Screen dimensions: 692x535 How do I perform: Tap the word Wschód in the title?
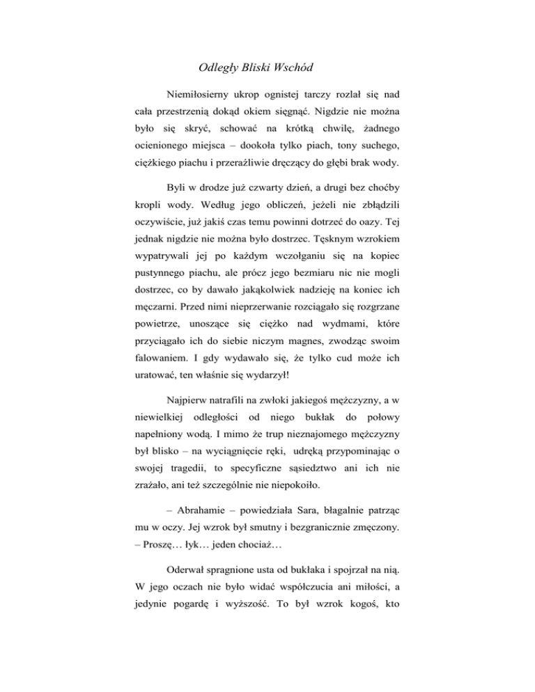[x=293, y=68]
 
